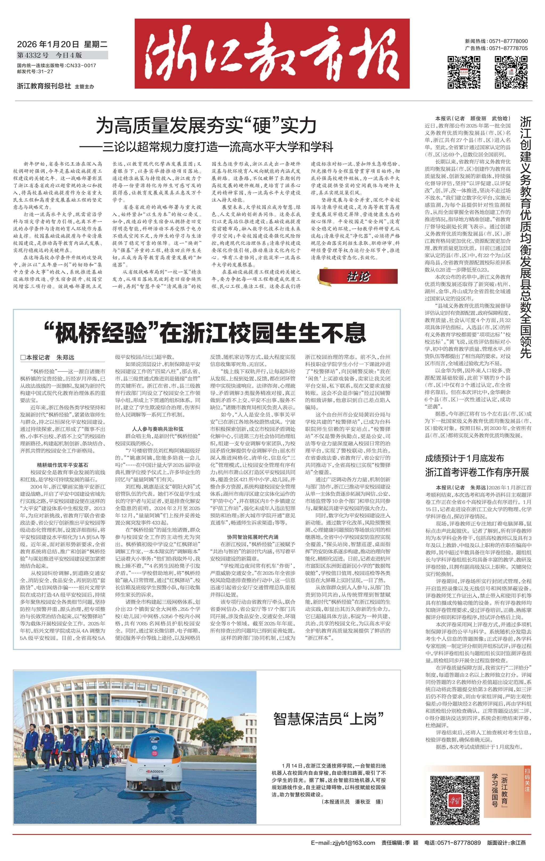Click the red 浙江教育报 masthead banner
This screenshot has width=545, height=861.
coord(272,54)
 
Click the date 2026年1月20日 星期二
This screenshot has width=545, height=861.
coord(62,45)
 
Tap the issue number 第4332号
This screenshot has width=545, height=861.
coord(33,55)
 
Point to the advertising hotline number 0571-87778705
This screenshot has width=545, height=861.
coord(508,48)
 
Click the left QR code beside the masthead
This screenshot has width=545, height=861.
coord(464,72)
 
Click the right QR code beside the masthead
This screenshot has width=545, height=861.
coord(511,72)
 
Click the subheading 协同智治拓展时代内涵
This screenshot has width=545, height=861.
coord(253,537)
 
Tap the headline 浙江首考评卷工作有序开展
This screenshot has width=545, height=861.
coord(477,472)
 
